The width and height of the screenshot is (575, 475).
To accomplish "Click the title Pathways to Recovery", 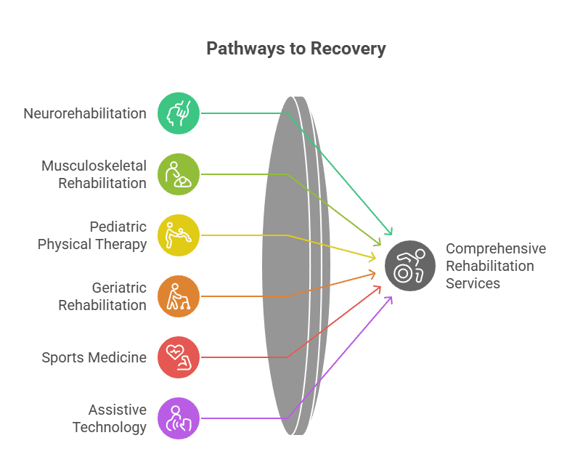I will [x=295, y=49].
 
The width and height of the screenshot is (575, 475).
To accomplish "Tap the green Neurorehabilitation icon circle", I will [x=178, y=113].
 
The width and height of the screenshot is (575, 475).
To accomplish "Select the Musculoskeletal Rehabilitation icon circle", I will [x=178, y=174].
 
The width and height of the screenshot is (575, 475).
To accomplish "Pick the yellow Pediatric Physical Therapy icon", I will [x=178, y=235].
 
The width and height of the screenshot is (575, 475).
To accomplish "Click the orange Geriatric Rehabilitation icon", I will [x=178, y=296].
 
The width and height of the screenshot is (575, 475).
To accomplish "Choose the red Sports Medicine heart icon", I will [x=178, y=357].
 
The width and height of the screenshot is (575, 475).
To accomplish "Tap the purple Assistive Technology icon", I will [x=178, y=418].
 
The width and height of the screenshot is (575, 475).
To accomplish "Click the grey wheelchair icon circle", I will [x=410, y=266].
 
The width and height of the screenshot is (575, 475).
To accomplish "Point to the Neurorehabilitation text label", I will [x=84, y=113].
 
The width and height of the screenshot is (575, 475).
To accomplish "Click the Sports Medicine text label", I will [x=94, y=357].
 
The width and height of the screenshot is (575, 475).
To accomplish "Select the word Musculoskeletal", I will [x=94, y=166].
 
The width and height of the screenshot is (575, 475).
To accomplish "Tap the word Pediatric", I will [x=118, y=227].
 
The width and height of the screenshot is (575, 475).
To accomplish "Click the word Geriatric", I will [x=119, y=288].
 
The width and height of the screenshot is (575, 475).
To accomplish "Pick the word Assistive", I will [x=118, y=410].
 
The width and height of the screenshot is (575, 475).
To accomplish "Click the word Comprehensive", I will [x=496, y=248].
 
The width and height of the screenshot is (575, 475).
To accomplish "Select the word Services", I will [x=473, y=283].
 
